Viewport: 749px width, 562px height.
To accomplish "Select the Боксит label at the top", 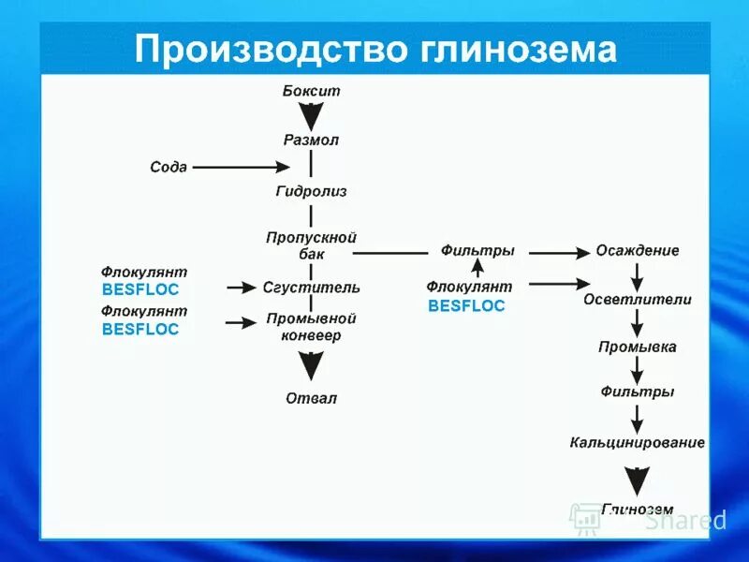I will point(311,91).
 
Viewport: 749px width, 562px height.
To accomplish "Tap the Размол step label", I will point(311,140).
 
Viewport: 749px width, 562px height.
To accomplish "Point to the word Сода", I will point(169,167).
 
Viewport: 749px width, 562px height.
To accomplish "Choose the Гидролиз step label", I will point(311,191).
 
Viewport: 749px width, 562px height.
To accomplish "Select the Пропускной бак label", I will point(311,245).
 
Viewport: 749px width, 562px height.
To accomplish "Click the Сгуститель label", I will point(311,288).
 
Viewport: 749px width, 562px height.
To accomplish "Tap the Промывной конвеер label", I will point(311,327).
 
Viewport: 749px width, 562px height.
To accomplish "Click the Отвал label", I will point(311,398).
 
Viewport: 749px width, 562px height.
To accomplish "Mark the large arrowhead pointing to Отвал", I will point(311,364).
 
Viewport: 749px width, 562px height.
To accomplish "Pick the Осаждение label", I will point(638,251).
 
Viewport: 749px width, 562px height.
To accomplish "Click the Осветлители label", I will point(638,300).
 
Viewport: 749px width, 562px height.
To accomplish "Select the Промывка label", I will point(638,348).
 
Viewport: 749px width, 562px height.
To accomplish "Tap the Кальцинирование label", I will point(638,441).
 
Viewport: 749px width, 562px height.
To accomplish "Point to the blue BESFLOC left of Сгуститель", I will point(140,289).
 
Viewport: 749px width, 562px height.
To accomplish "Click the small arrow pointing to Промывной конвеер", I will point(242,322).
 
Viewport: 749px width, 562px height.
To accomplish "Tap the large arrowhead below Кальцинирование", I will point(638,481).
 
